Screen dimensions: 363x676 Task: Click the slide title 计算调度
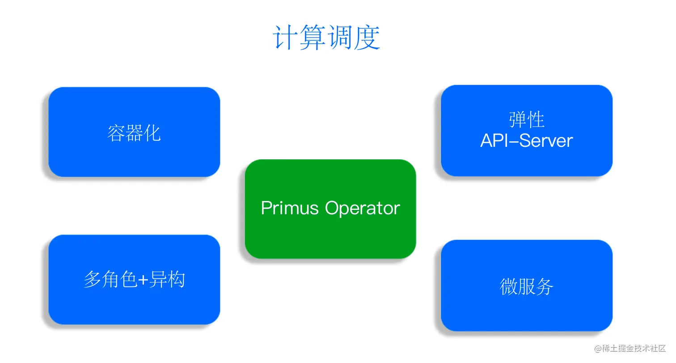click(326, 38)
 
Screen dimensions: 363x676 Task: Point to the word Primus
click(290, 209)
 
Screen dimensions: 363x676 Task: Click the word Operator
click(363, 209)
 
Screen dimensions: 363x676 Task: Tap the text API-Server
click(527, 141)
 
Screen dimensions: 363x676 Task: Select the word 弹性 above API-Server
click(527, 120)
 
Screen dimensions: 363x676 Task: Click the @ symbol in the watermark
click(597, 348)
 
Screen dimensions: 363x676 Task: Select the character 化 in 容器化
click(152, 133)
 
